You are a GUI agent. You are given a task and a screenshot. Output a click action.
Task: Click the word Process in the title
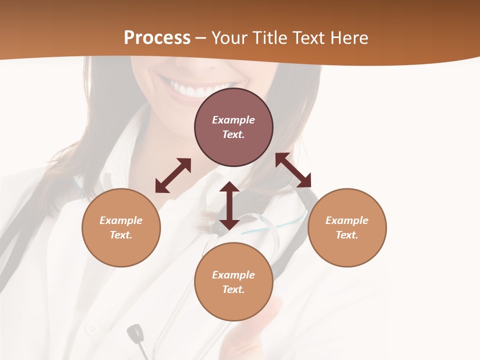tap(157, 38)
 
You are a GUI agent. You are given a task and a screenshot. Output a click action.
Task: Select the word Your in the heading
tap(229, 38)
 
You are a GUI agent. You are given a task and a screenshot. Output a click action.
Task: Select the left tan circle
tap(121, 245)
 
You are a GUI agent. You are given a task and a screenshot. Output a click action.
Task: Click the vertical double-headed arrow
tap(229, 205)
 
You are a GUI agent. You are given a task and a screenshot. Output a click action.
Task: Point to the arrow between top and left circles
tap(173, 175)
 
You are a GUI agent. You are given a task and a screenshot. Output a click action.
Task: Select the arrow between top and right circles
tap(293, 170)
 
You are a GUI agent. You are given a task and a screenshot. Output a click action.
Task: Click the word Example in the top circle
tap(233, 120)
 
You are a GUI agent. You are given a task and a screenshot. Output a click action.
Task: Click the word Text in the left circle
tap(121, 235)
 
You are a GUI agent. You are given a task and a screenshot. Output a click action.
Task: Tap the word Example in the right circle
tap(347, 220)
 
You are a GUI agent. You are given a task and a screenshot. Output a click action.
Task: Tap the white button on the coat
tap(91, 328)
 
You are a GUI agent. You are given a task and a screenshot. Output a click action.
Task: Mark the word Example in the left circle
tap(121, 220)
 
